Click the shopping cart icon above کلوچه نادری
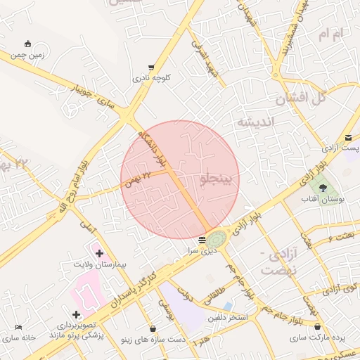click(x=151, y=67)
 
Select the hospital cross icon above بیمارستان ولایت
click(x=99, y=253)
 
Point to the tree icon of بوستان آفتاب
click(x=323, y=188)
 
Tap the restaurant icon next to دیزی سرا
click(x=202, y=240)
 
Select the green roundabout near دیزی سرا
click(x=217, y=239)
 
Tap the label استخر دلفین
click(x=228, y=318)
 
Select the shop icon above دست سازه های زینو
click(x=153, y=328)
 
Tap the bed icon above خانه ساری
click(x=18, y=327)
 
